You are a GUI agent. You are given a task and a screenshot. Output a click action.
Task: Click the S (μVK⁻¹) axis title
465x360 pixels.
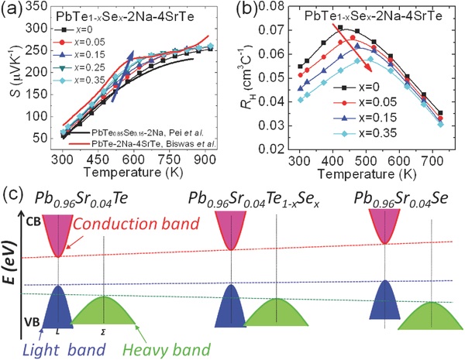tap(11, 77)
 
